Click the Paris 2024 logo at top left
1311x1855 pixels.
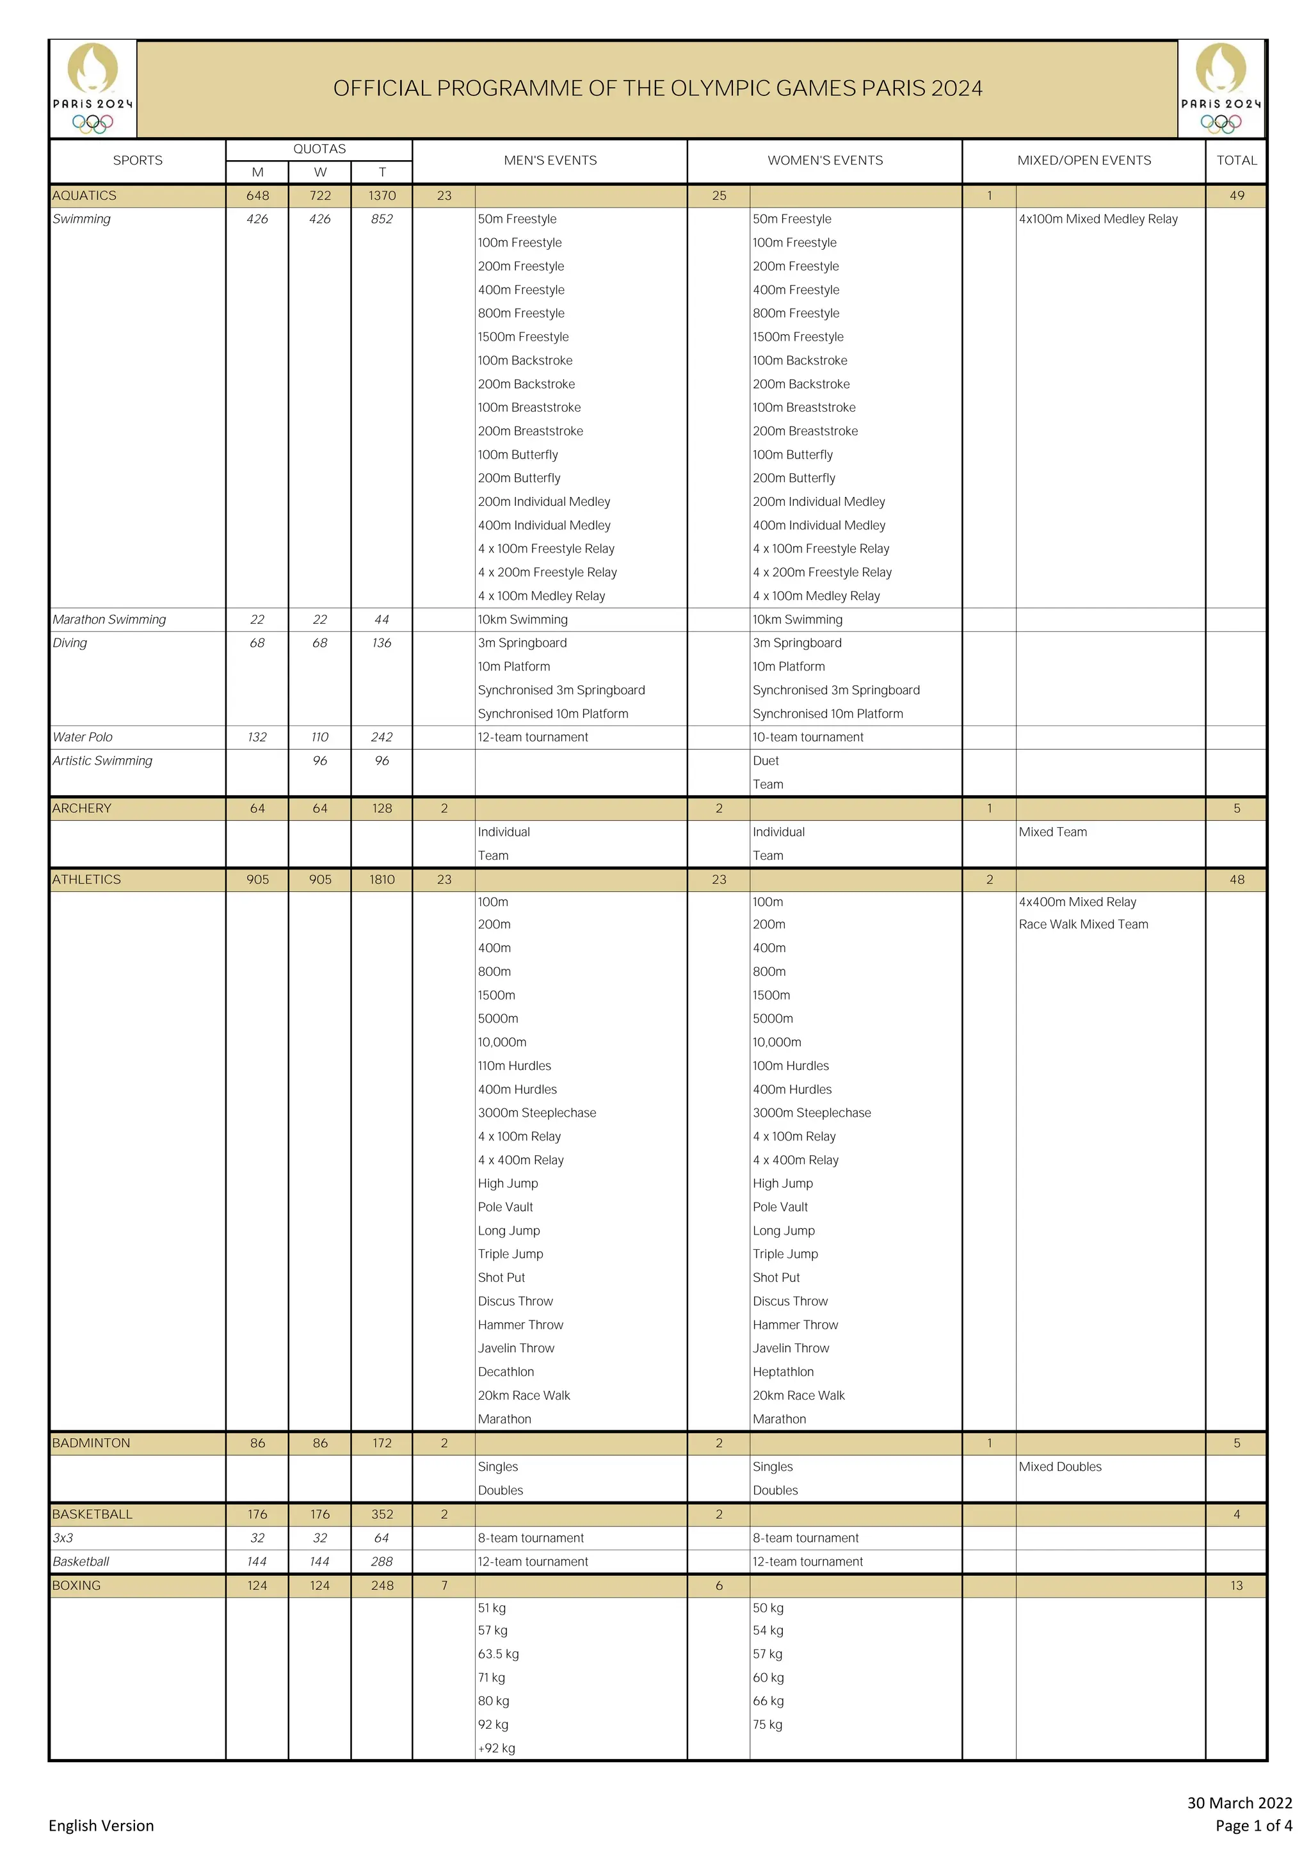pos(92,89)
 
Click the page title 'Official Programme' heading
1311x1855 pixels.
pos(657,88)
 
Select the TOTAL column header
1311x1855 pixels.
pos(1236,160)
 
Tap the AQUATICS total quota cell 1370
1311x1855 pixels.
pos(382,195)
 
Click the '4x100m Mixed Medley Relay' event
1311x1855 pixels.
pos(1098,219)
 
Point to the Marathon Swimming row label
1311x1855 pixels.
pos(109,620)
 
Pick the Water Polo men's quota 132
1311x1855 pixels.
pos(257,737)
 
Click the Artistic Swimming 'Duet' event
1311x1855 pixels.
pos(766,760)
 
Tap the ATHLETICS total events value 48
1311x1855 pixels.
pos(1236,879)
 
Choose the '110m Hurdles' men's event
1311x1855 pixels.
pos(514,1065)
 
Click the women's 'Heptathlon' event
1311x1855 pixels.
pos(783,1372)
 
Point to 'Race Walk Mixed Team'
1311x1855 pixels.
pos(1082,924)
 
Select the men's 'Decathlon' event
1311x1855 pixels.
pos(506,1372)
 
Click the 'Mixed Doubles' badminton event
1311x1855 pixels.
pos(1060,1466)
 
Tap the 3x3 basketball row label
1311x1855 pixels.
pos(63,1537)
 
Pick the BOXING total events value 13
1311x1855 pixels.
pos(1236,1585)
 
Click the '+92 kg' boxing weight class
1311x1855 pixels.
pos(496,1747)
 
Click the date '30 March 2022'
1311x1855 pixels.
pos(1239,1802)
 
